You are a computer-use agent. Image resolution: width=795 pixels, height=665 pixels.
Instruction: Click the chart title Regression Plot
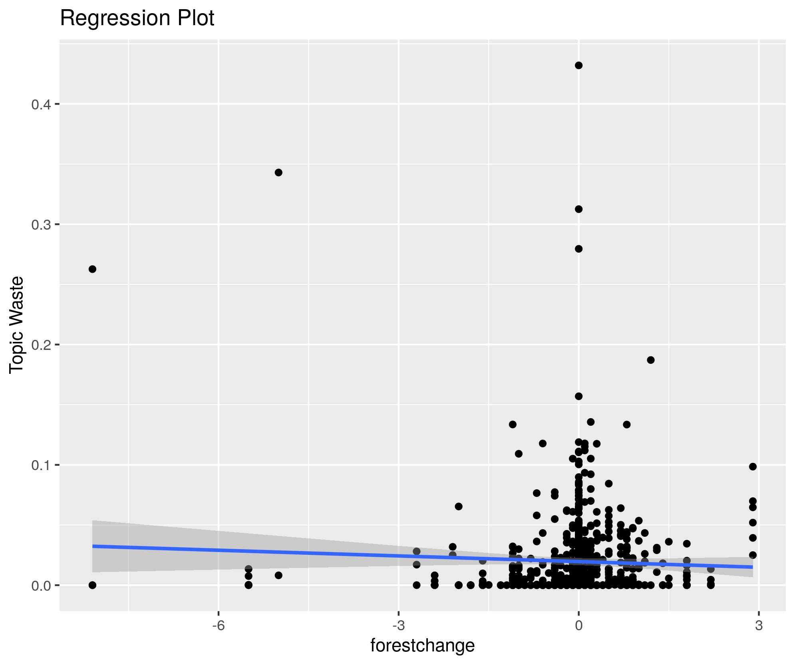(x=137, y=18)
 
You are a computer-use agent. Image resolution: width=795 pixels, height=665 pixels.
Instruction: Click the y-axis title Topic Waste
(x=17, y=325)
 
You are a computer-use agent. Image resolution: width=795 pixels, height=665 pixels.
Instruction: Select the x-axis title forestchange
(x=422, y=645)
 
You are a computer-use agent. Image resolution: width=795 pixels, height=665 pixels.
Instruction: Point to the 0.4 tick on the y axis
(x=40, y=104)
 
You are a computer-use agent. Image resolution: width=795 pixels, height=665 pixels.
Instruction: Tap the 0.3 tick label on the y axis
(x=40, y=224)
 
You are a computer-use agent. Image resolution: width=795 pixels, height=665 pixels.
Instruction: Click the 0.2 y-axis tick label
(x=40, y=345)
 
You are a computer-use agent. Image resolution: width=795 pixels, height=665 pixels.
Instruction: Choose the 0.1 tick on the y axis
(x=40, y=465)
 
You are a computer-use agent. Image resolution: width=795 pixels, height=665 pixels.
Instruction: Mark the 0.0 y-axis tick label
(x=40, y=585)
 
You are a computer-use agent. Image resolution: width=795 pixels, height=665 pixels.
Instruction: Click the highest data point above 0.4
(x=578, y=66)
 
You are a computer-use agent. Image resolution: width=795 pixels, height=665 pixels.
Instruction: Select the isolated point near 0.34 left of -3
(x=278, y=173)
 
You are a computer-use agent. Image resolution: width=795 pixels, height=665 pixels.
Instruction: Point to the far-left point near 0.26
(x=92, y=269)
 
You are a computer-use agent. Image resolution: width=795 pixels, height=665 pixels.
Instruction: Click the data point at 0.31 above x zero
(x=578, y=209)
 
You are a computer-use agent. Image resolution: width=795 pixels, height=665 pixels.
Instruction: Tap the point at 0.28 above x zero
(x=578, y=249)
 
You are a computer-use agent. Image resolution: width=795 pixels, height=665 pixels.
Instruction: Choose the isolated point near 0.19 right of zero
(x=651, y=360)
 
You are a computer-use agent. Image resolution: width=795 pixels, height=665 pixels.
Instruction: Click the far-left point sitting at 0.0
(x=92, y=585)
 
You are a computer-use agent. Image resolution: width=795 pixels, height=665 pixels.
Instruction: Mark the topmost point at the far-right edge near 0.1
(x=753, y=466)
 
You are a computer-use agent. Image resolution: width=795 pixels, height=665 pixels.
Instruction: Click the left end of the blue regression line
(x=93, y=546)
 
